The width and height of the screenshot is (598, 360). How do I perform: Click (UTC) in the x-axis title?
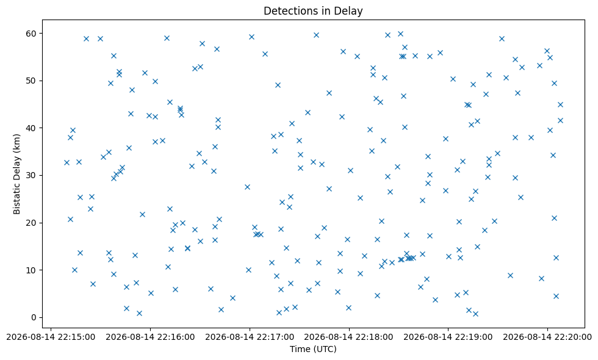[325, 349]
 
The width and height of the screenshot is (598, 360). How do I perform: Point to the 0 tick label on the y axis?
[34, 318]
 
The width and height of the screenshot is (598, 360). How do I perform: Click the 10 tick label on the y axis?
[32, 270]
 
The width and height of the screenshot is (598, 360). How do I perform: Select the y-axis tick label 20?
[32, 223]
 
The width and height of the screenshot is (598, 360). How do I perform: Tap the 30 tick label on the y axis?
[32, 176]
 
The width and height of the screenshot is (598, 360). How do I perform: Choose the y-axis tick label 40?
[32, 128]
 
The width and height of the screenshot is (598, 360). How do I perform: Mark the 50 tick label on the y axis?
[32, 81]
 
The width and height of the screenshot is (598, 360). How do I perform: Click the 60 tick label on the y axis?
[32, 34]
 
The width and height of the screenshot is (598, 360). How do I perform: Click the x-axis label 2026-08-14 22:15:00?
[51, 337]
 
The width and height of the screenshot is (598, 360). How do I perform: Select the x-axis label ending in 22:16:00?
[150, 337]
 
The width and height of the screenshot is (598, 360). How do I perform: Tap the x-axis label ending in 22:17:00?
[250, 337]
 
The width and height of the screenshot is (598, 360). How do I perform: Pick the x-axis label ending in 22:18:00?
[349, 337]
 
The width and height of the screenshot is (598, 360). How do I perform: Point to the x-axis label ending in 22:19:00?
[448, 337]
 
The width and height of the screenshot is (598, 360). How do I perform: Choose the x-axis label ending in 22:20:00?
[547, 337]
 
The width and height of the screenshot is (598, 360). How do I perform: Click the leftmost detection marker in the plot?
[67, 163]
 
